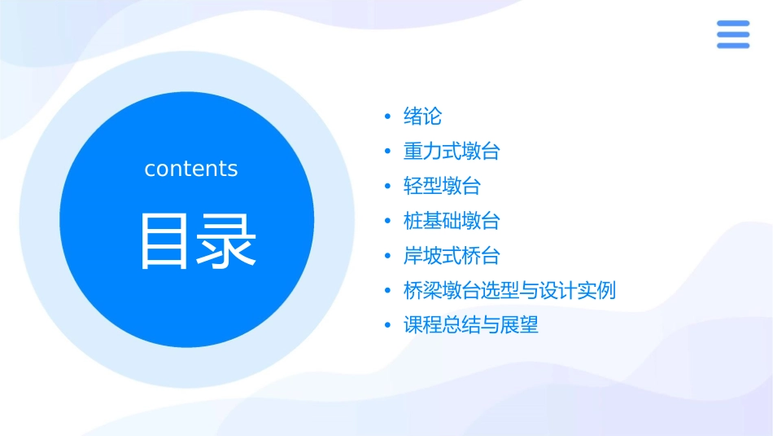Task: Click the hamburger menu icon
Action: [x=732, y=34]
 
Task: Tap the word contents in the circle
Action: [x=191, y=169]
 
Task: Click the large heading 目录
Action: [x=198, y=240]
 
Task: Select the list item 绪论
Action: [x=422, y=117]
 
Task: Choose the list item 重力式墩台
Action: [x=452, y=152]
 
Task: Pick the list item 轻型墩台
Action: [x=442, y=187]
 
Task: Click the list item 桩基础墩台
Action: [x=452, y=221]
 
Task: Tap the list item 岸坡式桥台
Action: [x=452, y=256]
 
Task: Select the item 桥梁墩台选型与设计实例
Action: [x=509, y=291]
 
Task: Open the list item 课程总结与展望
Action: [x=471, y=326]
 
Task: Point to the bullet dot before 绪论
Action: [x=388, y=117]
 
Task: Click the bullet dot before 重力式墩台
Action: [x=388, y=152]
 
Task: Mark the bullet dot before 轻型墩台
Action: [x=388, y=187]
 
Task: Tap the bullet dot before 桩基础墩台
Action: [x=388, y=222]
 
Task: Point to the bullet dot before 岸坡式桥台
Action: [x=388, y=257]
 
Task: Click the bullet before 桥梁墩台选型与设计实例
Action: [x=388, y=291]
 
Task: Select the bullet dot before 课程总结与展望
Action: [x=388, y=326]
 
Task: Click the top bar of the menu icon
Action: [x=732, y=24]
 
